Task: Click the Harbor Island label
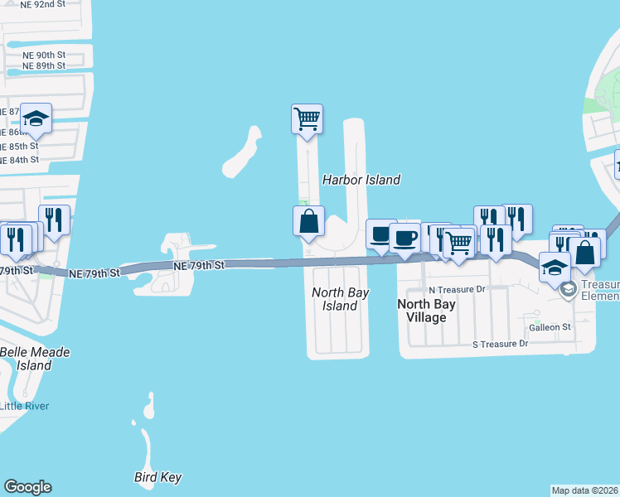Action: click(x=361, y=180)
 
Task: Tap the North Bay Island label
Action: click(x=340, y=299)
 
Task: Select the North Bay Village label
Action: click(x=426, y=311)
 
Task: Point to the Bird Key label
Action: click(x=157, y=477)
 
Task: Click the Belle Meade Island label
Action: click(x=35, y=359)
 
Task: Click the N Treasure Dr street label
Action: click(x=456, y=289)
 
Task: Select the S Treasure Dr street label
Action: click(x=500, y=344)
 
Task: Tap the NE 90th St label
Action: click(x=44, y=55)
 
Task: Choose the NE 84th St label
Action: click(x=20, y=159)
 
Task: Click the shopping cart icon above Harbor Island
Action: click(x=307, y=118)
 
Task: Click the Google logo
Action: click(x=27, y=487)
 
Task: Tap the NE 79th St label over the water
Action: click(x=199, y=266)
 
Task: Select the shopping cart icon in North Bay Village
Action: click(x=458, y=242)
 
